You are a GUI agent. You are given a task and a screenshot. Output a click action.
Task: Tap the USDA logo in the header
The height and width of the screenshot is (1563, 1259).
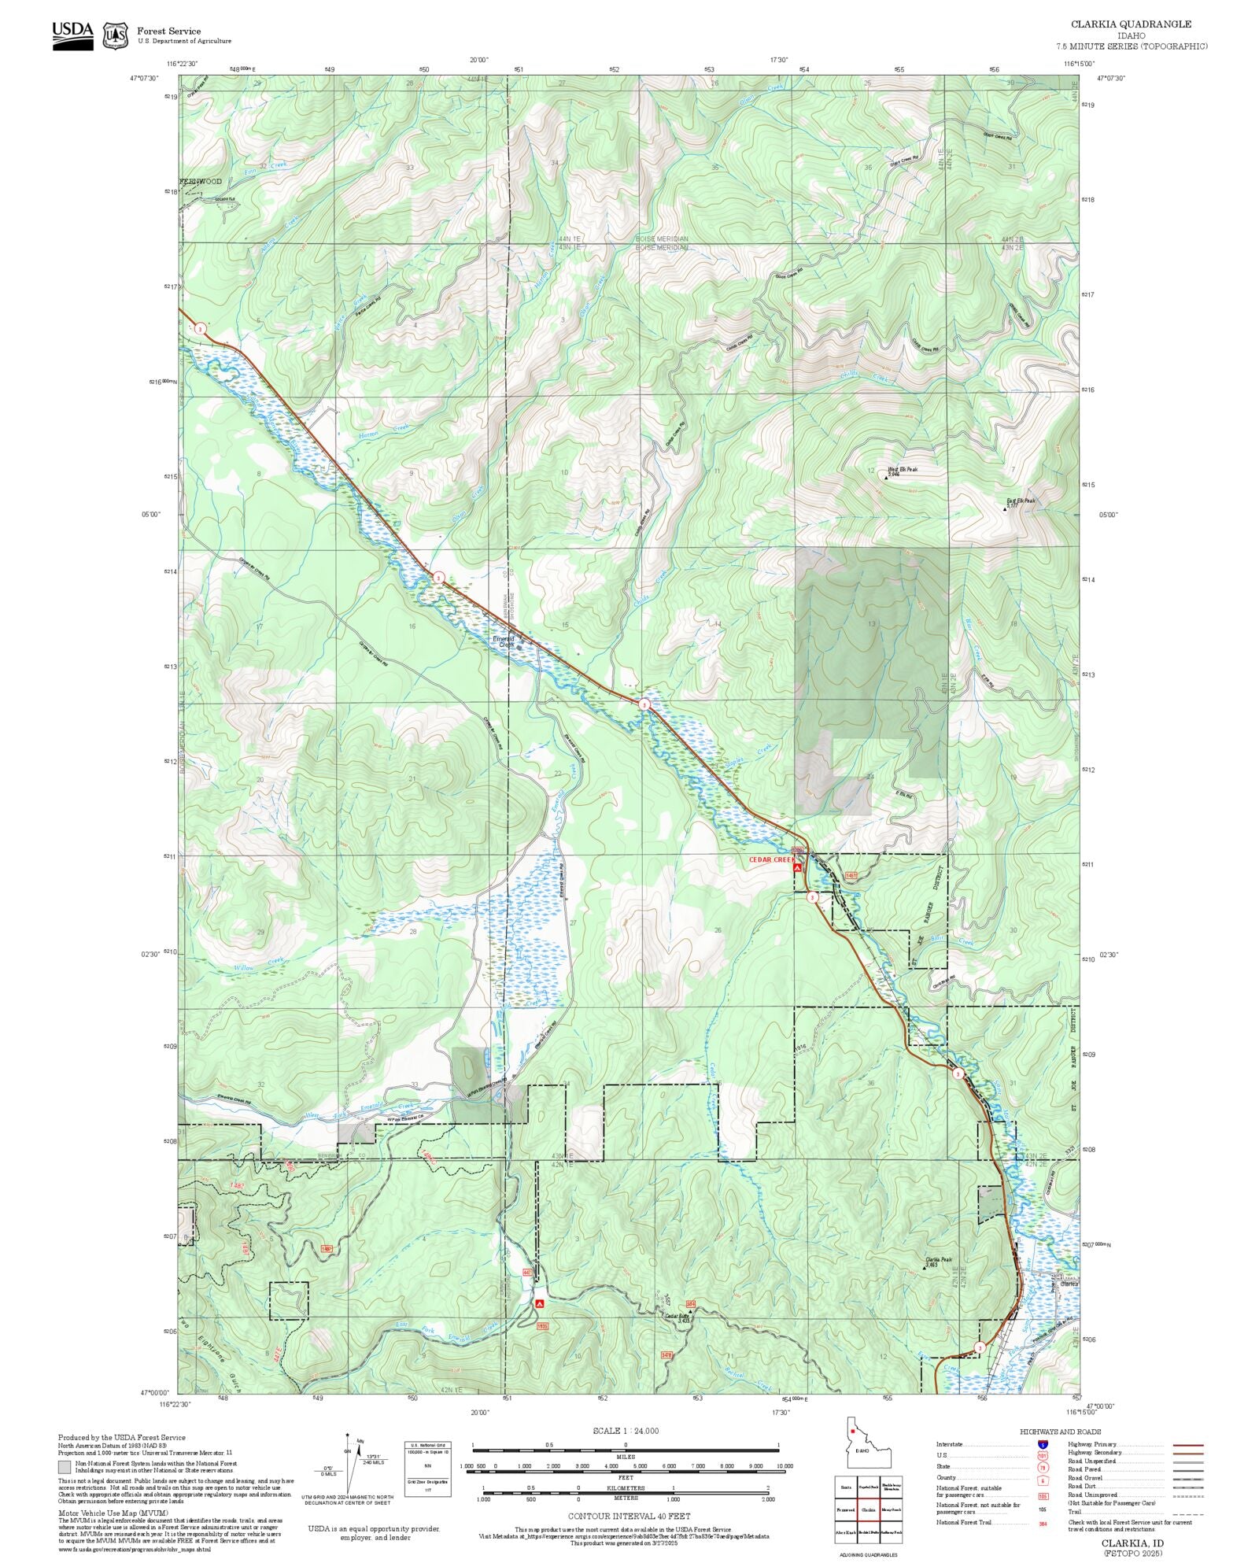click(x=72, y=35)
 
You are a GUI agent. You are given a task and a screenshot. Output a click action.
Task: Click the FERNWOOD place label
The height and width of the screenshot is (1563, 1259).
click(x=201, y=182)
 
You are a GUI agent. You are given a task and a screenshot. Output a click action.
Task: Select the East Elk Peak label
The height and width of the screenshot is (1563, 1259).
click(x=1021, y=501)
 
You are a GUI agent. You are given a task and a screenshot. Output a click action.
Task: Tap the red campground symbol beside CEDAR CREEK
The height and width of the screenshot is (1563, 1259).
click(x=797, y=867)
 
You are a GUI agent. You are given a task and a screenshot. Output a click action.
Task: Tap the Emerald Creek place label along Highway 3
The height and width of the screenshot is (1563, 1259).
click(x=504, y=641)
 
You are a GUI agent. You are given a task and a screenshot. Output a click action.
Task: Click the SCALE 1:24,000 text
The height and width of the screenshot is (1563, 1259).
click(x=626, y=1431)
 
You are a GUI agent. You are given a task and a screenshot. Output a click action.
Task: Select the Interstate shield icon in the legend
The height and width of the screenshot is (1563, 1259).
click(x=1043, y=1445)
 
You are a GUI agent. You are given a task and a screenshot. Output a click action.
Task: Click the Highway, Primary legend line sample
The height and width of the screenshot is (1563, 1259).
click(x=1188, y=1445)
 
